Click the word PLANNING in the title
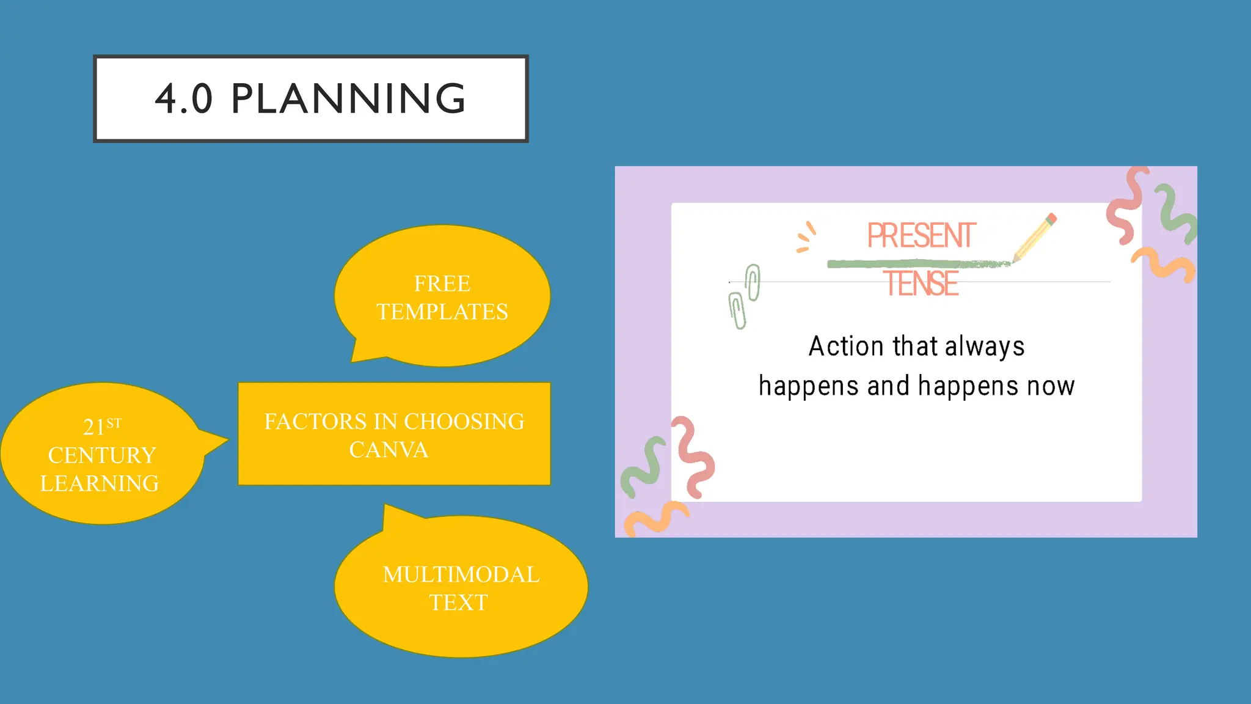(349, 98)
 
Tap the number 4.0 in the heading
(183, 99)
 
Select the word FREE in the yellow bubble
(442, 284)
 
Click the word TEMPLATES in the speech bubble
(442, 312)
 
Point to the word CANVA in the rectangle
(388, 450)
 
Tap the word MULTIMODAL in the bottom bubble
(461, 574)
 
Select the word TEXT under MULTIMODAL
(458, 603)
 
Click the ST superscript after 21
(114, 423)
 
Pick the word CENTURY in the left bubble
(102, 455)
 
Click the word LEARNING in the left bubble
(100, 483)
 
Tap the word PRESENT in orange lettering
(921, 236)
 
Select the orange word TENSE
(921, 284)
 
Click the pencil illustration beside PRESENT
(1034, 237)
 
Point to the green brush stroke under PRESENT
(916, 264)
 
